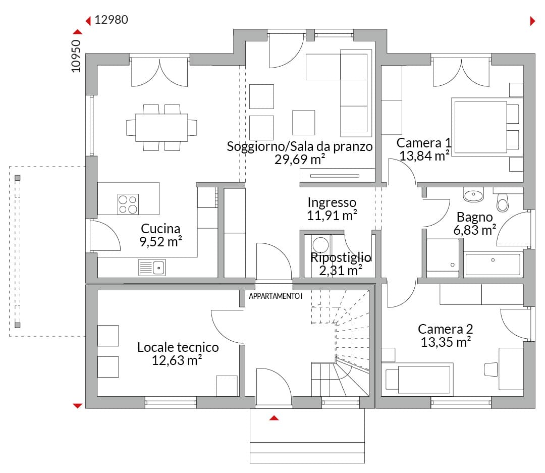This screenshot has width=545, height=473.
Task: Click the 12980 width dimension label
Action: pos(111,20)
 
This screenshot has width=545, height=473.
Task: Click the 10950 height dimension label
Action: pos(76,56)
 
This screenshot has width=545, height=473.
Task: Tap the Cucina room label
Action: pos(160,229)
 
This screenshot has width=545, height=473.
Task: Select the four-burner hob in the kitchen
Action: pos(128,204)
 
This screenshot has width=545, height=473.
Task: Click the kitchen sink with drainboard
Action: pos(152,268)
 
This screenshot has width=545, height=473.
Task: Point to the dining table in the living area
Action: pos(161,128)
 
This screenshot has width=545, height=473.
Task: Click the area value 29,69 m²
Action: pos(300,160)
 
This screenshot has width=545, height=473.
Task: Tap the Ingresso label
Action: pos(332,202)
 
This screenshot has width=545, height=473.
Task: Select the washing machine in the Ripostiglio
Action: pos(320,245)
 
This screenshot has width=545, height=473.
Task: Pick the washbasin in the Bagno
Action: pos(473,195)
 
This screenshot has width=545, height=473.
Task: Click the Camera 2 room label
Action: pos(445,329)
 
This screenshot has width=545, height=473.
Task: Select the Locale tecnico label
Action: pos(178,347)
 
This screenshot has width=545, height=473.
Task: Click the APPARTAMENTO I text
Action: pos(276,296)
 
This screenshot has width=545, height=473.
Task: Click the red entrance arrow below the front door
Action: pos(274,417)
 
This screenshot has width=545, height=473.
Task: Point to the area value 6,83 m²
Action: pos(475,230)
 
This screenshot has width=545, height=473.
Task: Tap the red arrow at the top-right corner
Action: pos(532,21)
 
